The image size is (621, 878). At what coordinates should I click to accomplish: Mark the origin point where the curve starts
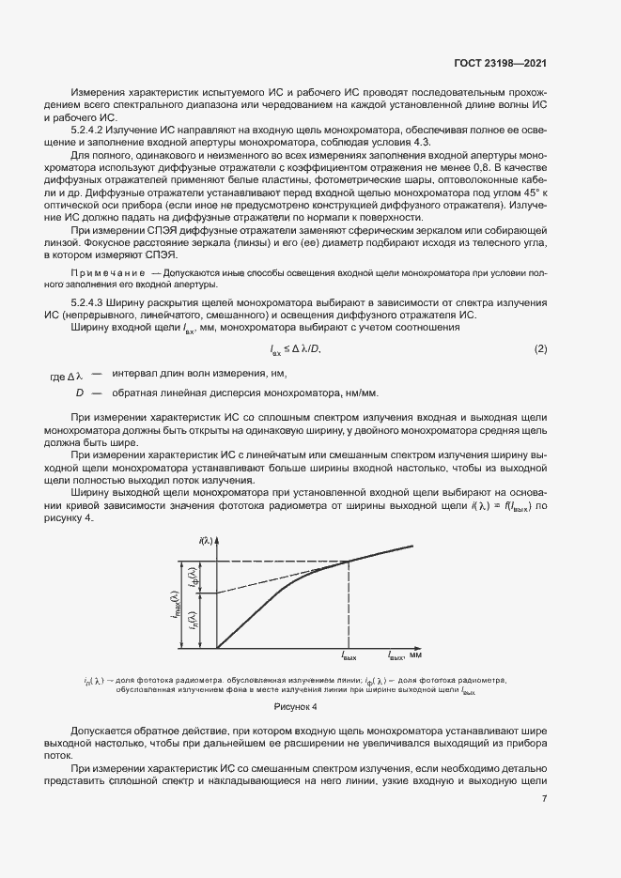click(x=218, y=647)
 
